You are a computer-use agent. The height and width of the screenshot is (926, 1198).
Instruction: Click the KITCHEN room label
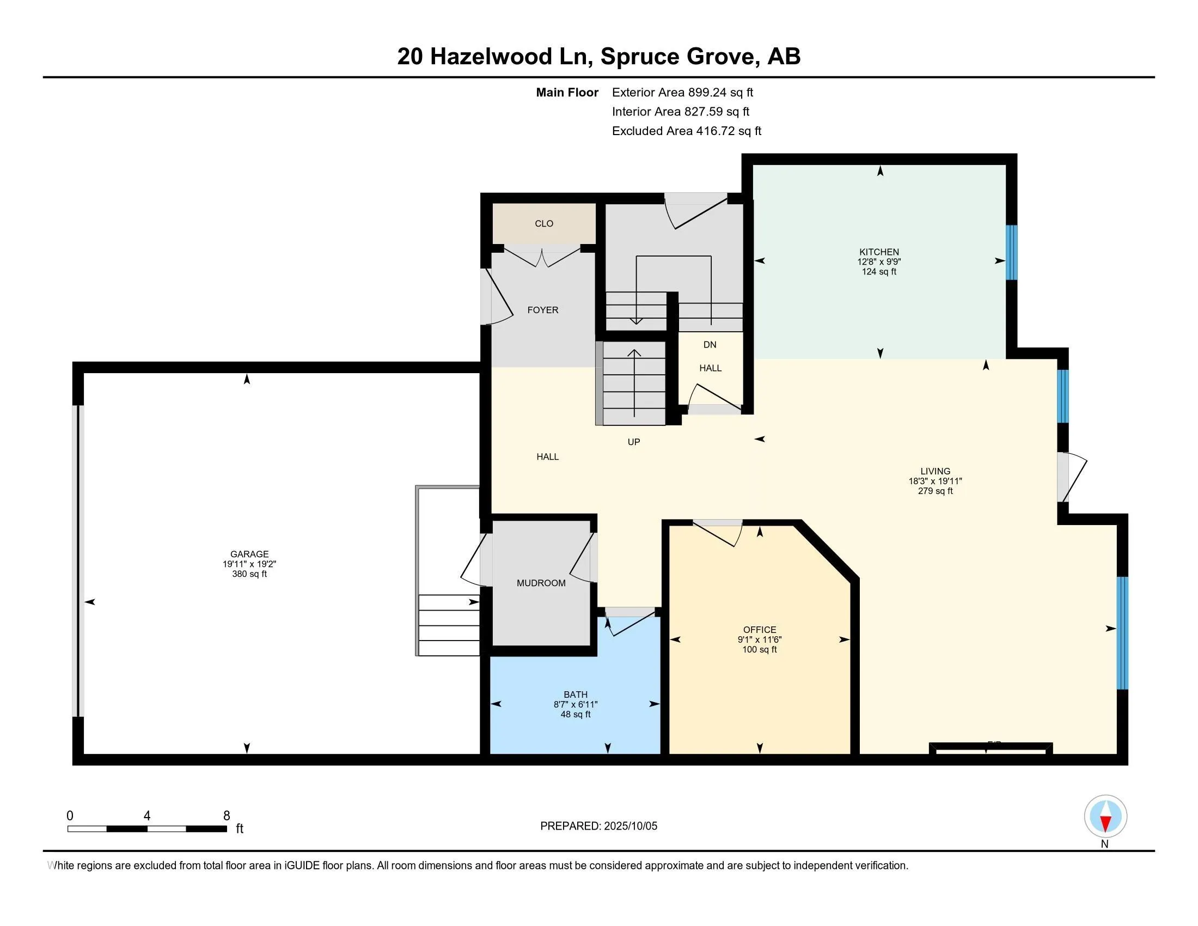click(879, 252)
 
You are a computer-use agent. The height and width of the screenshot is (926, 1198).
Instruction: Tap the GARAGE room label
click(249, 554)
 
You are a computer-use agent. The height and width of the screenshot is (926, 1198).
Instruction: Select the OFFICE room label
click(760, 630)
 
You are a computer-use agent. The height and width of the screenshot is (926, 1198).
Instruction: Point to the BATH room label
click(576, 694)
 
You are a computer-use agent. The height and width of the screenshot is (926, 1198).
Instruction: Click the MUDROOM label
click(541, 583)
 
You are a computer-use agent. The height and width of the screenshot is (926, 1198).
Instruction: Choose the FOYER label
click(543, 310)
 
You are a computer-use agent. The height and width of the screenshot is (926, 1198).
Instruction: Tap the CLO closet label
click(544, 223)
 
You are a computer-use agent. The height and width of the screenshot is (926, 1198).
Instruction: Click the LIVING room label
click(935, 471)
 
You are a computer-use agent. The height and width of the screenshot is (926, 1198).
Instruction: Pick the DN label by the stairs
click(710, 344)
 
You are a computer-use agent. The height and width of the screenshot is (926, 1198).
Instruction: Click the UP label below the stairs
click(633, 442)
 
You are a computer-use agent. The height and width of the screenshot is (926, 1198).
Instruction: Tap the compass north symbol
click(1105, 817)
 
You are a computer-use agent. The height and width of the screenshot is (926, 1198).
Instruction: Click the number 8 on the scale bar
click(227, 816)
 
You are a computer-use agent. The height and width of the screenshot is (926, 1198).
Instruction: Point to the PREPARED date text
click(598, 826)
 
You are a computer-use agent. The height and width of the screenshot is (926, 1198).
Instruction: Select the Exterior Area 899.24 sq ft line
click(682, 92)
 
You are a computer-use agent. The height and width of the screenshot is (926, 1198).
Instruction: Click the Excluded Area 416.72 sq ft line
click(687, 131)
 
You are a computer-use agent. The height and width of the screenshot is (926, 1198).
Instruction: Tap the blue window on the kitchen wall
click(1012, 252)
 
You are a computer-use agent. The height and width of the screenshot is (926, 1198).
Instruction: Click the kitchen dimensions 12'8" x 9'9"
click(879, 261)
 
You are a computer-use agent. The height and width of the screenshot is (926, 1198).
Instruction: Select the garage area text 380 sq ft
click(249, 574)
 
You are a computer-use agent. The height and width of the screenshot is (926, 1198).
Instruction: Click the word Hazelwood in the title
click(491, 57)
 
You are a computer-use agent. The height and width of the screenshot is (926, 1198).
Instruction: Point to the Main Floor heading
click(567, 92)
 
